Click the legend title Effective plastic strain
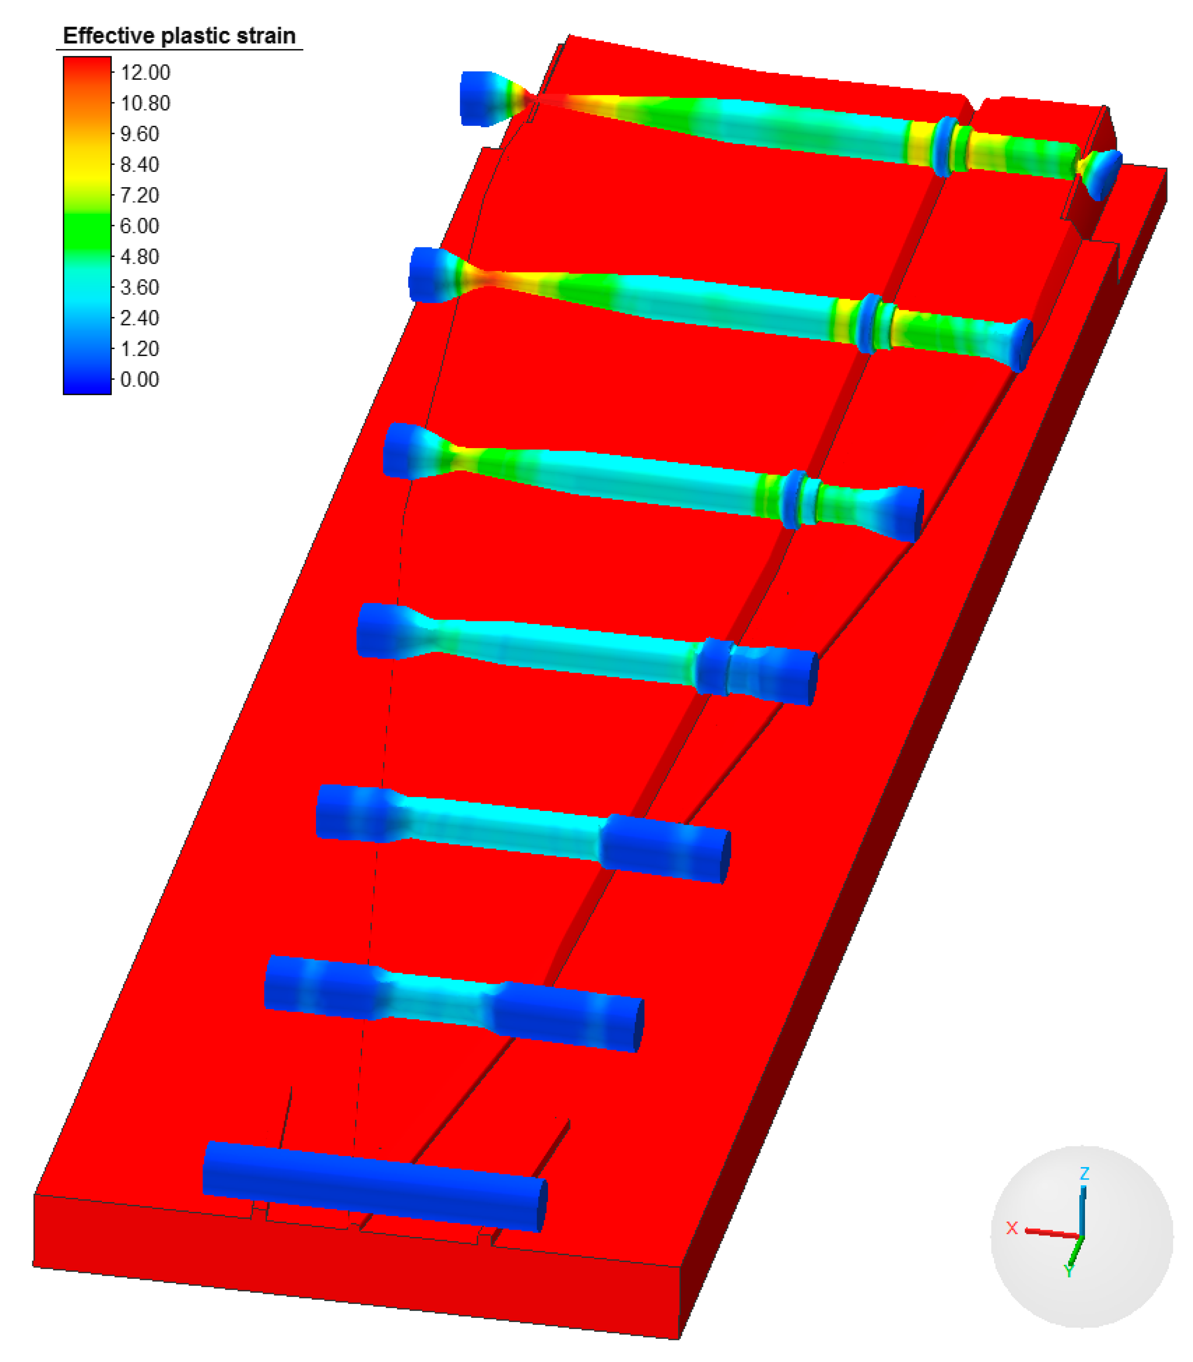tap(179, 36)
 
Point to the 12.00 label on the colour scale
tap(145, 73)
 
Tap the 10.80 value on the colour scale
tap(145, 103)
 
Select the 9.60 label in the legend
tap(140, 134)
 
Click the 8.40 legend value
tap(140, 164)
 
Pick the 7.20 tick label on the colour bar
tap(140, 195)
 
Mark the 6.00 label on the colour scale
tap(140, 226)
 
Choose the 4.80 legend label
tap(140, 256)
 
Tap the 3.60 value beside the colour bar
tap(140, 287)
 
